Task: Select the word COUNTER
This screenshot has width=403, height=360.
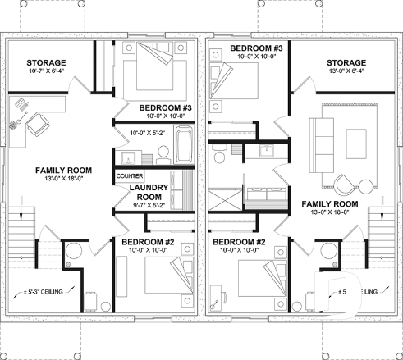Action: click(131, 176)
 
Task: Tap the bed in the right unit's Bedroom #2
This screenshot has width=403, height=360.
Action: click(254, 277)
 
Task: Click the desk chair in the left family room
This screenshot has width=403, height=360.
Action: click(36, 125)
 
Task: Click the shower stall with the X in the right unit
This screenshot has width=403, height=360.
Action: click(222, 199)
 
